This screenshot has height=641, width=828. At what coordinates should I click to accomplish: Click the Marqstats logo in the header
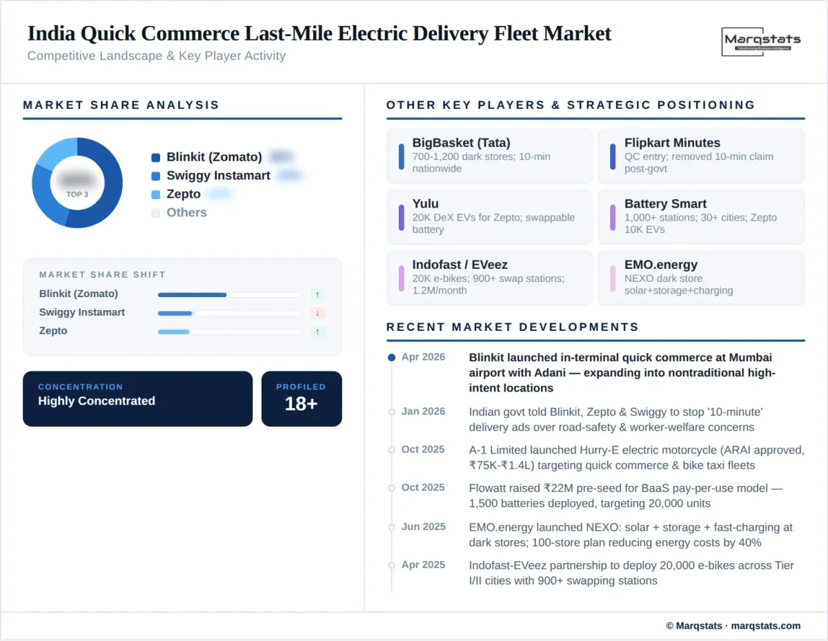(762, 41)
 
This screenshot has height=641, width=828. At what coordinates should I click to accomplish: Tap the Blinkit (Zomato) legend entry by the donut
(214, 157)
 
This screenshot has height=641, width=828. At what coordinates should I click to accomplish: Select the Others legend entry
(186, 212)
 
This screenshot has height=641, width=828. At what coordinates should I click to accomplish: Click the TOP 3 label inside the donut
(77, 194)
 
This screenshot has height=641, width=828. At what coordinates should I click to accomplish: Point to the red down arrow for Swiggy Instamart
(317, 313)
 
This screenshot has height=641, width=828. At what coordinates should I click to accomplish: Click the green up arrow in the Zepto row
(317, 332)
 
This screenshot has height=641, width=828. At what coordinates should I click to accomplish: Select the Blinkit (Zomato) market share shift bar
(192, 294)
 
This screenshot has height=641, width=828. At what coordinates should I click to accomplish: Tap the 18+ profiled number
(301, 404)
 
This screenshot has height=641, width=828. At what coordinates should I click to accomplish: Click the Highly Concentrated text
(97, 401)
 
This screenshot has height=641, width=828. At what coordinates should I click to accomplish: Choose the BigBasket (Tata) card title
(461, 143)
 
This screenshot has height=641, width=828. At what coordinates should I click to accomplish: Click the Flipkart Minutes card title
(672, 143)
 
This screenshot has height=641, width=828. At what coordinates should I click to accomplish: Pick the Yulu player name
(426, 203)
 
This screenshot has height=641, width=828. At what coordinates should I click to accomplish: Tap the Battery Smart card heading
(665, 203)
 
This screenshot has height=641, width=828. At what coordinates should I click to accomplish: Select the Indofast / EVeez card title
(460, 265)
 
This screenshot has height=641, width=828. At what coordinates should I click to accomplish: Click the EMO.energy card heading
(660, 265)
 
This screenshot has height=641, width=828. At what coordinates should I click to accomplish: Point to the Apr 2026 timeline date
(423, 357)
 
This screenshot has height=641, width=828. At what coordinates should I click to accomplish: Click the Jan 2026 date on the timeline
(423, 411)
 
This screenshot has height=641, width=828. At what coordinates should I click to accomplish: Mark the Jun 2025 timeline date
(423, 527)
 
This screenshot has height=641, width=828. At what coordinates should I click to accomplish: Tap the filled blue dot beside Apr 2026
(392, 358)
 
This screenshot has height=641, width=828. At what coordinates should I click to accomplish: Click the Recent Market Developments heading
(513, 327)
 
